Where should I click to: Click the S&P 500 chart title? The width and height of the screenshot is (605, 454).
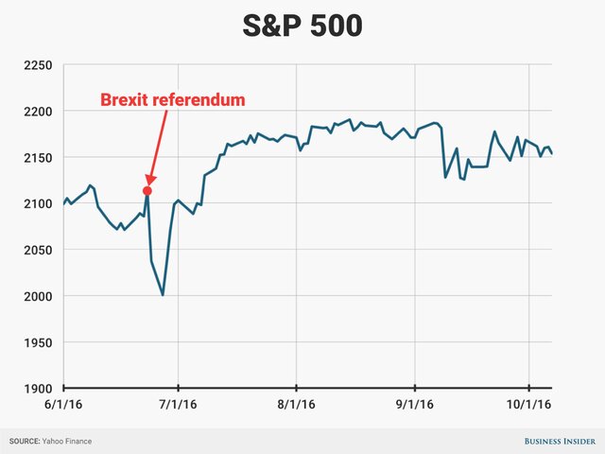tap(302, 26)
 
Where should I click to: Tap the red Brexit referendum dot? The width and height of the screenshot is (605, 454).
tap(147, 191)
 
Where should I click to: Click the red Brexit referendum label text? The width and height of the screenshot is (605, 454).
tap(173, 99)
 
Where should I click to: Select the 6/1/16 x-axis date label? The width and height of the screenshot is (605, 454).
tap(64, 404)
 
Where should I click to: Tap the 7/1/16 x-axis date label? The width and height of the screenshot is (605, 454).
tap(179, 404)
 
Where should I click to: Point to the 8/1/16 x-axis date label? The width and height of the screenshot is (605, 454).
tap(297, 404)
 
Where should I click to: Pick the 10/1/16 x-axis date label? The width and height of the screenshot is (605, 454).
tap(529, 404)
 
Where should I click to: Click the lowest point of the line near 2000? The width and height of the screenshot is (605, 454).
tap(163, 295)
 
